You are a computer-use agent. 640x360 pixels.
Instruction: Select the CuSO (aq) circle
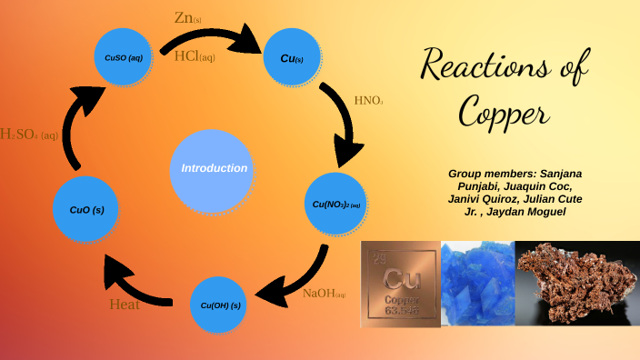click(x=124, y=58)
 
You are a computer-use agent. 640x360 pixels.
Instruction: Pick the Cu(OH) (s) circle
click(x=220, y=305)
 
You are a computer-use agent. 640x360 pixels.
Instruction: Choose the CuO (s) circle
click(x=86, y=210)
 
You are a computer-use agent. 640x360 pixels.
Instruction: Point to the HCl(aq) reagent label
click(x=195, y=57)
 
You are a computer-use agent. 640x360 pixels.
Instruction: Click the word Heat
click(x=125, y=305)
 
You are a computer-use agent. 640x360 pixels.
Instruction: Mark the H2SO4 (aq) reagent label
click(x=29, y=135)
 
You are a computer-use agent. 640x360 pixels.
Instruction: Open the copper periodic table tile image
click(x=400, y=281)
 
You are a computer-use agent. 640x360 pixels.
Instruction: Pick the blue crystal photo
click(x=477, y=281)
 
